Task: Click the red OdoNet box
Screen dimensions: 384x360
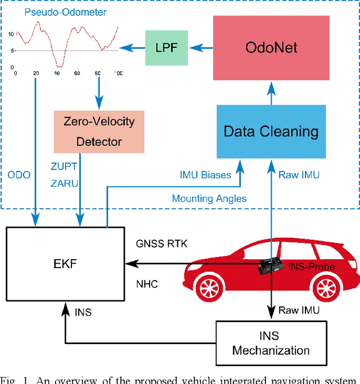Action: coord(271,47)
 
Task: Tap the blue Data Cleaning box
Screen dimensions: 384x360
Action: coord(271,132)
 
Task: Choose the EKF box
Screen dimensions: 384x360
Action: coord(64,262)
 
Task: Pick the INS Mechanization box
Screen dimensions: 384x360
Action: coord(271,342)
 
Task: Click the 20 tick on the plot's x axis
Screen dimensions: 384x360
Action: coord(36,74)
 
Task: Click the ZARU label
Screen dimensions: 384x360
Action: coord(64,183)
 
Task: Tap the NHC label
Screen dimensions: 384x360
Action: coord(146,284)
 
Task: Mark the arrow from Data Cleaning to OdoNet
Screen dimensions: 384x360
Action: coord(271,94)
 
